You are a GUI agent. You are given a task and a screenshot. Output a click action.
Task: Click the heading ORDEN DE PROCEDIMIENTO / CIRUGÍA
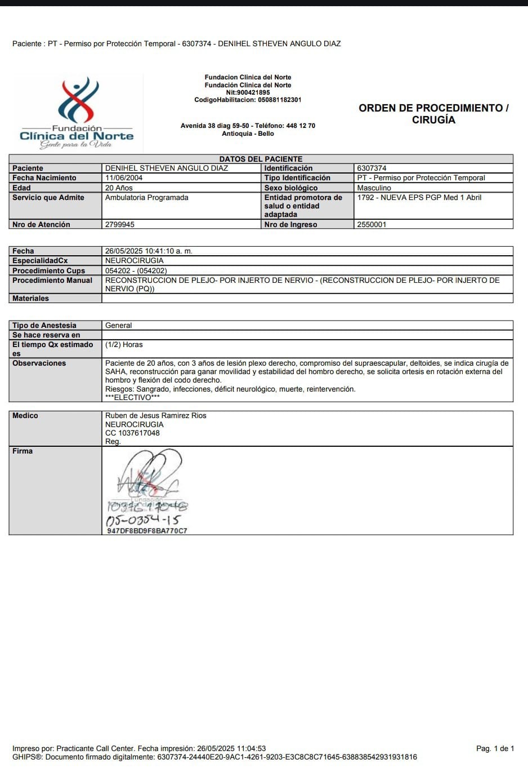click(x=433, y=114)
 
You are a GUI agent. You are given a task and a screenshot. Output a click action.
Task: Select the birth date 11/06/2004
click(x=124, y=178)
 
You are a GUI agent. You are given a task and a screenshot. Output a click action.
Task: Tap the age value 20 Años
click(x=119, y=188)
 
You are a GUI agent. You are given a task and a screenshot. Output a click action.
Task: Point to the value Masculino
click(x=374, y=188)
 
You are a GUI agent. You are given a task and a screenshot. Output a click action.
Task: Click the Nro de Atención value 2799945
click(x=120, y=225)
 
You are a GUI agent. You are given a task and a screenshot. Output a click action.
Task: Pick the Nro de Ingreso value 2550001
click(x=372, y=225)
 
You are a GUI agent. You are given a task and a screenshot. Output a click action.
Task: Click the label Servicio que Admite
click(x=48, y=198)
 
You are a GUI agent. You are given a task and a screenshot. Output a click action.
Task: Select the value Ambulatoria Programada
click(x=147, y=198)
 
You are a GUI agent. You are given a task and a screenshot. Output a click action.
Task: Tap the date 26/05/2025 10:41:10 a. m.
click(x=149, y=251)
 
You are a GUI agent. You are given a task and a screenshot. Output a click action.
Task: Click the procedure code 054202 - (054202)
click(x=136, y=271)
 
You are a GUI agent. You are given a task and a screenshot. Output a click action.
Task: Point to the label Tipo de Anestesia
click(x=44, y=326)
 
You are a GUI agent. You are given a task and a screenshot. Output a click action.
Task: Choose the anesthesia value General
click(x=119, y=326)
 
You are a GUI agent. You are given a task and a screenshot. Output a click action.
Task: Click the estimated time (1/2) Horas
click(x=124, y=345)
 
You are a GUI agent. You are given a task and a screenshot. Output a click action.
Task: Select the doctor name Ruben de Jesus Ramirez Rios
click(x=156, y=416)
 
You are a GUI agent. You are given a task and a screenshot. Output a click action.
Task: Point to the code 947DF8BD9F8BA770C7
click(x=147, y=531)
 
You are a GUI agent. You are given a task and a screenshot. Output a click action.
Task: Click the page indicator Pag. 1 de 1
click(x=495, y=749)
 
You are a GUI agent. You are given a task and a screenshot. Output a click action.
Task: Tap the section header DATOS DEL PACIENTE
click(x=261, y=159)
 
